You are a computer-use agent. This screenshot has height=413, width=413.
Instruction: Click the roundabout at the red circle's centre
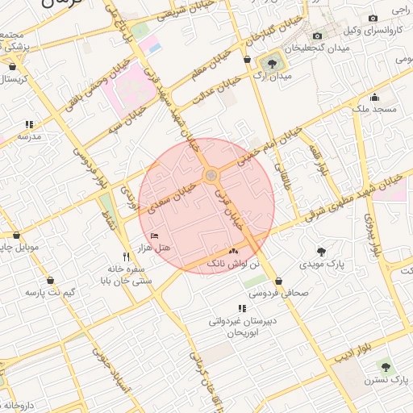(210, 175)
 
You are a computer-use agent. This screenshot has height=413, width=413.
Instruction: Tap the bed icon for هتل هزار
(155, 236)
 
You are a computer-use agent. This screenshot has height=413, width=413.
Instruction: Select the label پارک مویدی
(322, 264)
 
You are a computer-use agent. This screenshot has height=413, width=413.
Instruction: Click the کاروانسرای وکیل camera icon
(373, 19)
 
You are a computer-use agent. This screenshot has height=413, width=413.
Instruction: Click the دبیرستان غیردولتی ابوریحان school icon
(241, 308)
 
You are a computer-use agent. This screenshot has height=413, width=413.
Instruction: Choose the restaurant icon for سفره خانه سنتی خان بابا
(125, 257)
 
